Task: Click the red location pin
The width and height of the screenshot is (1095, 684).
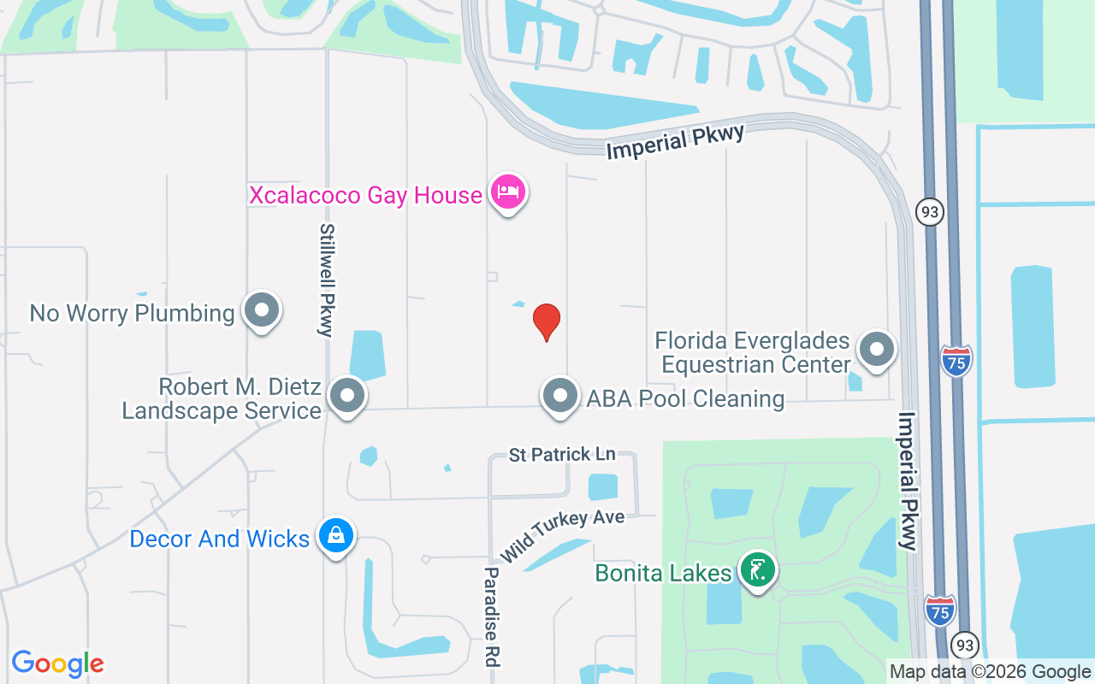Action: click(547, 321)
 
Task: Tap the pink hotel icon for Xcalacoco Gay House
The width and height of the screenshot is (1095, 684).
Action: click(508, 192)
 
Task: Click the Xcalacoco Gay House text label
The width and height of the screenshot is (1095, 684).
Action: click(365, 195)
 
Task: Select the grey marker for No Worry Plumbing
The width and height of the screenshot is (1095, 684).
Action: click(262, 310)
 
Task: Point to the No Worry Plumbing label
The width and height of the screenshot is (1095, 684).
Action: click(132, 313)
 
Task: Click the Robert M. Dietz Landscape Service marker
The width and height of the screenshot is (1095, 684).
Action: click(347, 396)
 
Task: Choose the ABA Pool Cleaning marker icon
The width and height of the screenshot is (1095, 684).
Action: click(560, 396)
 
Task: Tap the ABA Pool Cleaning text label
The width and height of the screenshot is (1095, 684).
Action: click(685, 398)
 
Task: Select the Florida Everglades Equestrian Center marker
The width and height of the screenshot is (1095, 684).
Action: click(876, 350)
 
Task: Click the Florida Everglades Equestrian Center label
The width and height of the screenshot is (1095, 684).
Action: click(752, 353)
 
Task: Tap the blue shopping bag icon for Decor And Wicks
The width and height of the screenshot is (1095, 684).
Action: click(336, 536)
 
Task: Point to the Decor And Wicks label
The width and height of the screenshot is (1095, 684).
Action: click(219, 539)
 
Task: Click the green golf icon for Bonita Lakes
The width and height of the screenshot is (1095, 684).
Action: click(757, 569)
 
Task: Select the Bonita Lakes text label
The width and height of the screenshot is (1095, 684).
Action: click(664, 572)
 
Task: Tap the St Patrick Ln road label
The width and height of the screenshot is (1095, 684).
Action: click(562, 454)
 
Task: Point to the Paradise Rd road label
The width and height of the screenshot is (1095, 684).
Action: click(492, 616)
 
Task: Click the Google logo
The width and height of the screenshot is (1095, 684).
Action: click(57, 663)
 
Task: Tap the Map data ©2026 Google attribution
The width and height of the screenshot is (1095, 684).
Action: click(989, 672)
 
